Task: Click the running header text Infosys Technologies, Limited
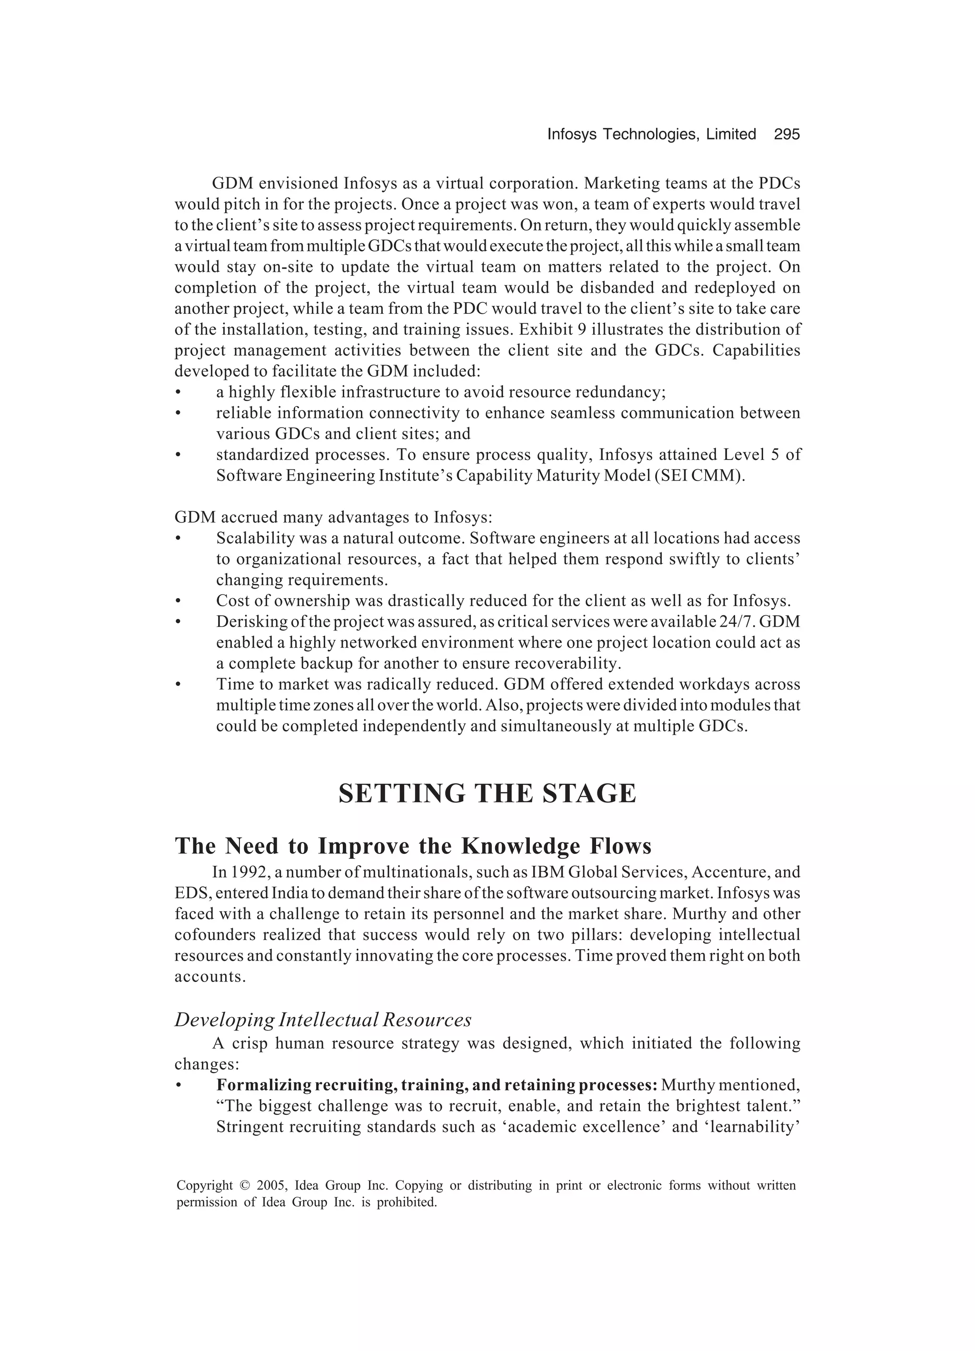click(651, 135)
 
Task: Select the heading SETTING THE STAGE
click(487, 794)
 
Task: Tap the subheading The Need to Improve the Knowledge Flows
click(413, 846)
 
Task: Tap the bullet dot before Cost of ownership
click(178, 601)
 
